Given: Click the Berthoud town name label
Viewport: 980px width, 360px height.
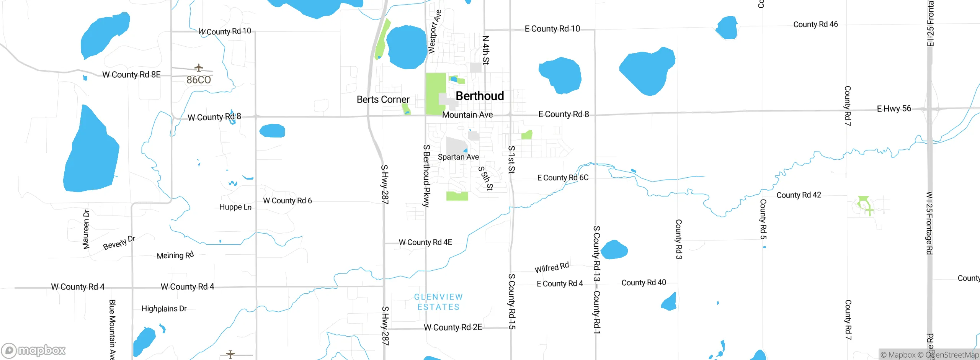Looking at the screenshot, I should (x=480, y=96).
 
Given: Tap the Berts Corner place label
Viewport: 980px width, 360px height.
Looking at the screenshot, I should (x=383, y=100).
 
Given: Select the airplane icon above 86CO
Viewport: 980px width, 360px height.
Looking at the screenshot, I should (x=198, y=68).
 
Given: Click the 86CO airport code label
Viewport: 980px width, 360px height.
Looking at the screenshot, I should (x=199, y=80).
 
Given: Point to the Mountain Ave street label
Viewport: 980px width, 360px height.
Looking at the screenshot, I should (x=467, y=115).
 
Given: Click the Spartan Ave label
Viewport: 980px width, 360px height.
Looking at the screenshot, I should (x=458, y=157).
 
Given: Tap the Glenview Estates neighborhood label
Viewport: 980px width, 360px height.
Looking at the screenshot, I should (x=438, y=302).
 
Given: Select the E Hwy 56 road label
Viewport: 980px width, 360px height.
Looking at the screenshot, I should (x=894, y=109).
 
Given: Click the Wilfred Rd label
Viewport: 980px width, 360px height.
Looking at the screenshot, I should (x=552, y=267).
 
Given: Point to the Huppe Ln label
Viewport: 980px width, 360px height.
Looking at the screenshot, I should (x=235, y=207).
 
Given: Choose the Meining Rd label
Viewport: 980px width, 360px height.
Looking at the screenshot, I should (x=175, y=255).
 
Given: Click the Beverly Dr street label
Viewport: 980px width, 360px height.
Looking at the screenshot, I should (x=119, y=243).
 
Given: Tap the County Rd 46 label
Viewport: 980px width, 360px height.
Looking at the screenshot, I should (x=815, y=25).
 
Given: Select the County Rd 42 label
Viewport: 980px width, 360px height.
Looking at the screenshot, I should (x=799, y=195).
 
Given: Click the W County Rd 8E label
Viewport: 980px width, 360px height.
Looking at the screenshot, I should (x=131, y=75).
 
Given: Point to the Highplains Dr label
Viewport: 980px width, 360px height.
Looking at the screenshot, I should (x=164, y=309).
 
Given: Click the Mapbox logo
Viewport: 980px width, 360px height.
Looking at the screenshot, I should (x=34, y=350).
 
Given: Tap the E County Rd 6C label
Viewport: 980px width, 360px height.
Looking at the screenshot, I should (x=563, y=178).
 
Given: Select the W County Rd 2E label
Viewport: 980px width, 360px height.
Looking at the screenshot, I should (x=453, y=327).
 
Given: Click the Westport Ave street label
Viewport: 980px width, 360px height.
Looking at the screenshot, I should (x=434, y=32).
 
